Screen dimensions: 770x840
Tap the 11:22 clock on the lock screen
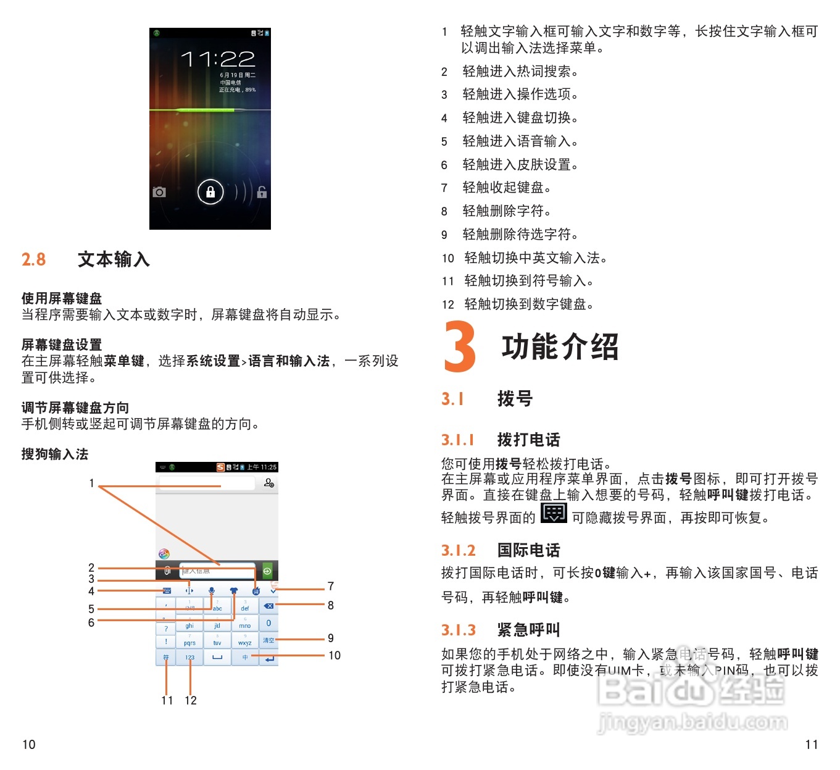217,59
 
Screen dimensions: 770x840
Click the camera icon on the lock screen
159,192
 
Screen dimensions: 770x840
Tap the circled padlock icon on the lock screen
210,191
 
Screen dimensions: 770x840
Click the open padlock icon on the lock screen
262,192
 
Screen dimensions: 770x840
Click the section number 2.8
34,259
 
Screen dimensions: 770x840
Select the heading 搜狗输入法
55,454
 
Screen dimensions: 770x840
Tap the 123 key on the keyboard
189,658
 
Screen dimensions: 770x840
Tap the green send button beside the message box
267,571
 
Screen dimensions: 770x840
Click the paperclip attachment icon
167,571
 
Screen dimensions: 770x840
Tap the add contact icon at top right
269,483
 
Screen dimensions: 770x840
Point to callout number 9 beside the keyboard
331,638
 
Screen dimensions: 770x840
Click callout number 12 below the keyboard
191,700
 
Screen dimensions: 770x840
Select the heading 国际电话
529,550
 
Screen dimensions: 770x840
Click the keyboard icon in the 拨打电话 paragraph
553,513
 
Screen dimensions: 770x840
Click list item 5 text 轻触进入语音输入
520,141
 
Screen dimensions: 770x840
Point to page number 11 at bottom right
812,745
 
